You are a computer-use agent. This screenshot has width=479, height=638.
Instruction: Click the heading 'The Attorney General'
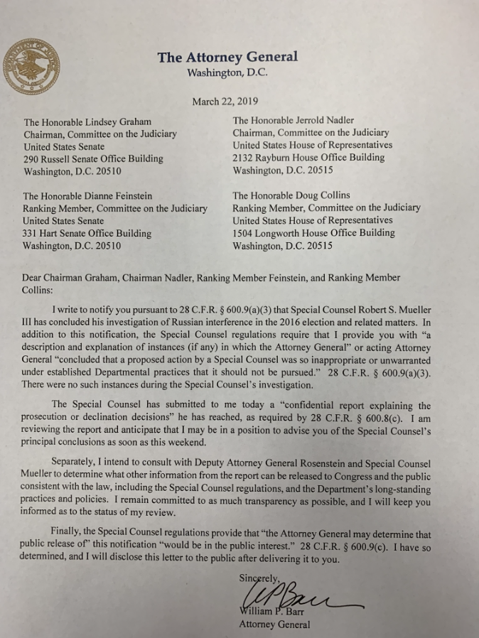coord(227,58)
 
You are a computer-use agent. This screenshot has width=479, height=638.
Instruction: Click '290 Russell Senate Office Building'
coord(93,158)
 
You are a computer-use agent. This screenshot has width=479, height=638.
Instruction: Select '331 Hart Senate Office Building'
coord(87,233)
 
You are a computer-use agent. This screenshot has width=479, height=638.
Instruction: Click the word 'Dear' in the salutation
coord(35,278)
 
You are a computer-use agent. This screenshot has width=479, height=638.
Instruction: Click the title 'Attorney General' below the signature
coord(274,625)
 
